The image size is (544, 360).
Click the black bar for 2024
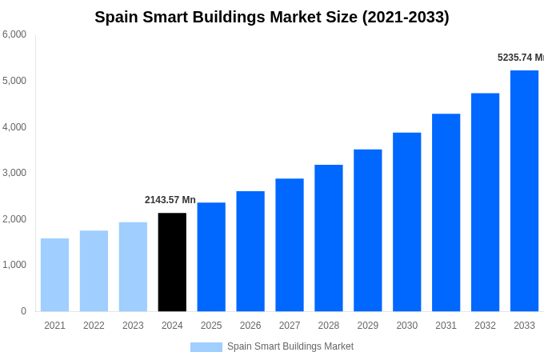pos(172,262)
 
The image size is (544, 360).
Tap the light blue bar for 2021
pos(54,274)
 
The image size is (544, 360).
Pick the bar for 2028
pos(328,238)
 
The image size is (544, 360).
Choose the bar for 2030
pos(406,222)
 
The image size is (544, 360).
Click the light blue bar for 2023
pos(133,266)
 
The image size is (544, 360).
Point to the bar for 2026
pos(250,251)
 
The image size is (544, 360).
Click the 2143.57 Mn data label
pos(170,200)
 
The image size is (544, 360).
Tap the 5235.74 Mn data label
pos(520,58)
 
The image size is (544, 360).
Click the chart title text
pos(272,17)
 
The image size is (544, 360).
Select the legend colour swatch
pos(206,347)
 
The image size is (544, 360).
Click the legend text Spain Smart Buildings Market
pos(290,346)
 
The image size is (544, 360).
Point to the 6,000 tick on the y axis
pos(14,34)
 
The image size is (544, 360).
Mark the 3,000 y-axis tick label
pos(14,173)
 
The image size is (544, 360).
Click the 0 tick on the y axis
pos(23,311)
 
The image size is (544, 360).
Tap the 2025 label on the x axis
pos(211,326)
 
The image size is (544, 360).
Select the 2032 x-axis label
pos(485,326)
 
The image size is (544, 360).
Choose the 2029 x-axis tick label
pos(368,326)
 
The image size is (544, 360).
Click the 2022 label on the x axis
pos(94,326)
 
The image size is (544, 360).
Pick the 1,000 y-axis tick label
pos(14,265)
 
